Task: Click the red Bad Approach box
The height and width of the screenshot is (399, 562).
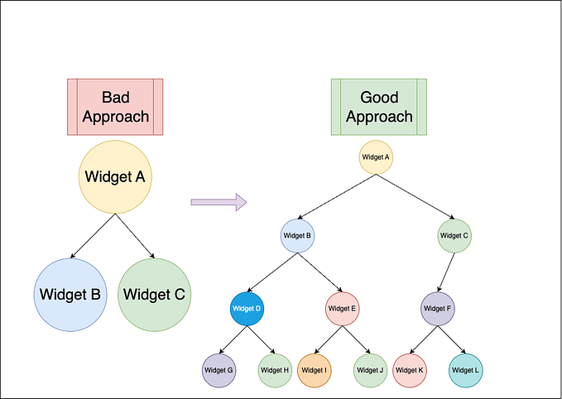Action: (115, 107)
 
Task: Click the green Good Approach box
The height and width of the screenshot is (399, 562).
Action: (379, 107)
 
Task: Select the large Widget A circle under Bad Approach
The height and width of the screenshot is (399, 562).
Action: (117, 177)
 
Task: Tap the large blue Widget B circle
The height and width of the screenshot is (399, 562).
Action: (70, 294)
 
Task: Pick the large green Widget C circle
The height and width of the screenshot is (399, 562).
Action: (155, 294)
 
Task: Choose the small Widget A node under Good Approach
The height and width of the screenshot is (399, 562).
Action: (376, 156)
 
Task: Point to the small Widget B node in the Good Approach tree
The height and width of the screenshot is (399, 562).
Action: (297, 236)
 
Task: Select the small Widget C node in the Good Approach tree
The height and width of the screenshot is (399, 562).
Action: (454, 236)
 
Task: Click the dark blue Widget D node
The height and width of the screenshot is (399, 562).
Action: (247, 309)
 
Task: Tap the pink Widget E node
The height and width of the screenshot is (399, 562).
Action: (342, 309)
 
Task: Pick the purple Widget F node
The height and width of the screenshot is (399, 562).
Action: (438, 309)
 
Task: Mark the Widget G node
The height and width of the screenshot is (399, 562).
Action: (219, 370)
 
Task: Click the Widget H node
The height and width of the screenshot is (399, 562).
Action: (274, 370)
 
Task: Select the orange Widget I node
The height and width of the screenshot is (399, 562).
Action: (314, 370)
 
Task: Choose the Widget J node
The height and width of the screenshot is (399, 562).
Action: (369, 370)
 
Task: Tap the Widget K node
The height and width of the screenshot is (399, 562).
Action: (410, 370)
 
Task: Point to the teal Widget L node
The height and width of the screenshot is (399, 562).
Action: (465, 370)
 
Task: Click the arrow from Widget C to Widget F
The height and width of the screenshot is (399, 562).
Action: (446, 272)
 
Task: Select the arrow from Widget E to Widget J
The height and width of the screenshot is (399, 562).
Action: (356, 339)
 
